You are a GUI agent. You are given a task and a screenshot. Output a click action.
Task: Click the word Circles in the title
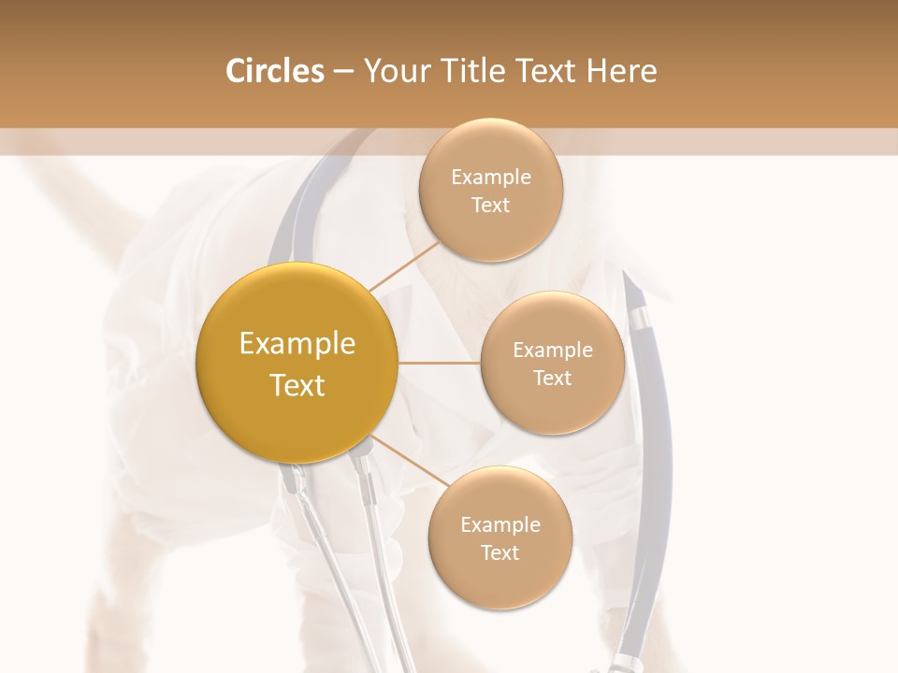[274, 71]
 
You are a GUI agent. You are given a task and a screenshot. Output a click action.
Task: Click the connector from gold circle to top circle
[404, 265]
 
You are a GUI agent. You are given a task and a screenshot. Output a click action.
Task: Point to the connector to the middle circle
[439, 363]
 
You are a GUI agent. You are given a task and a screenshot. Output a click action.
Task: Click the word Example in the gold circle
[297, 344]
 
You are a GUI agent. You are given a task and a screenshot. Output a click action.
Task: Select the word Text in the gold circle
[297, 385]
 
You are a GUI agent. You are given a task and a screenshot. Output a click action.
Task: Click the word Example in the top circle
[490, 178]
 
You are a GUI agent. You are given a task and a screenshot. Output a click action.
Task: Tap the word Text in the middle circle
[552, 378]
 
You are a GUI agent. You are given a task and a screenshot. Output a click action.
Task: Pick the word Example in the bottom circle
[500, 524]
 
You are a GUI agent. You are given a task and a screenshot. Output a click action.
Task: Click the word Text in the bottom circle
[500, 552]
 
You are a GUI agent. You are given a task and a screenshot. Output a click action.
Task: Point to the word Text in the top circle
[490, 205]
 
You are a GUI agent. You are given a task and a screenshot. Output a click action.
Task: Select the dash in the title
[342, 71]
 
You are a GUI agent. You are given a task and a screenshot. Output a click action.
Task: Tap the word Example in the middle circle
[552, 351]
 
